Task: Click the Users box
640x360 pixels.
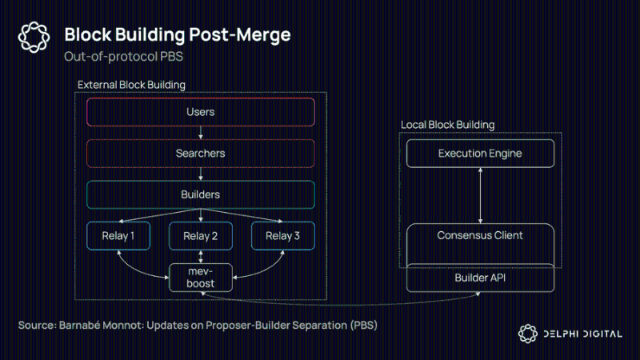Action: [x=201, y=112]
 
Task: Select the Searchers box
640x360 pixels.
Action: [x=201, y=154]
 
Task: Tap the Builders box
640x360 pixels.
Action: [x=201, y=194]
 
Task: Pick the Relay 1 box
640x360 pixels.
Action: [x=118, y=236]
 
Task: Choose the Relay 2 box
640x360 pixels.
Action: [x=201, y=236]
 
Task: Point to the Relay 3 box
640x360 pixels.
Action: [x=283, y=236]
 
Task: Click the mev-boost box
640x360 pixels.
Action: [x=201, y=278]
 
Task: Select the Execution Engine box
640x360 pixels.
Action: [x=480, y=154]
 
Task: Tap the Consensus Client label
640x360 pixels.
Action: [x=480, y=235]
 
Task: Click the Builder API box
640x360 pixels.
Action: [x=480, y=278]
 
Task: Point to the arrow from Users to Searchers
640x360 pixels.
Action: [x=201, y=133]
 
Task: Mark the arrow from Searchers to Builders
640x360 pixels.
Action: [x=201, y=174]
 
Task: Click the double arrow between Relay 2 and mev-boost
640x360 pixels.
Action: [x=201, y=257]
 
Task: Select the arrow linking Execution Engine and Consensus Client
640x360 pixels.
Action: [x=481, y=195]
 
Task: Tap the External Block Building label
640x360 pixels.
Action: [x=131, y=85]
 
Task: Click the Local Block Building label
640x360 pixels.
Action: [x=448, y=125]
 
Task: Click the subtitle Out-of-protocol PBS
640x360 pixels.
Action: [x=124, y=56]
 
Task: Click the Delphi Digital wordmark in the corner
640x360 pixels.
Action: [x=583, y=334]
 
